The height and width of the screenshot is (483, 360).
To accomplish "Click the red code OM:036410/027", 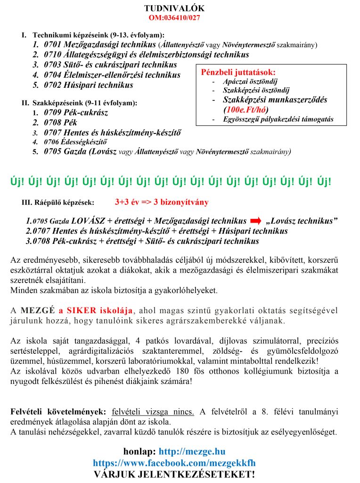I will (x=174, y=18).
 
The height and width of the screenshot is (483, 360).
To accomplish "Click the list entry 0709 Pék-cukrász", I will (x=76, y=113).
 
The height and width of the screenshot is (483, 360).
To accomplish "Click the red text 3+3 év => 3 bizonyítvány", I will (x=162, y=202).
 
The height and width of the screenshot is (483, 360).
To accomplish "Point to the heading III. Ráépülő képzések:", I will (x=58, y=202).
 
